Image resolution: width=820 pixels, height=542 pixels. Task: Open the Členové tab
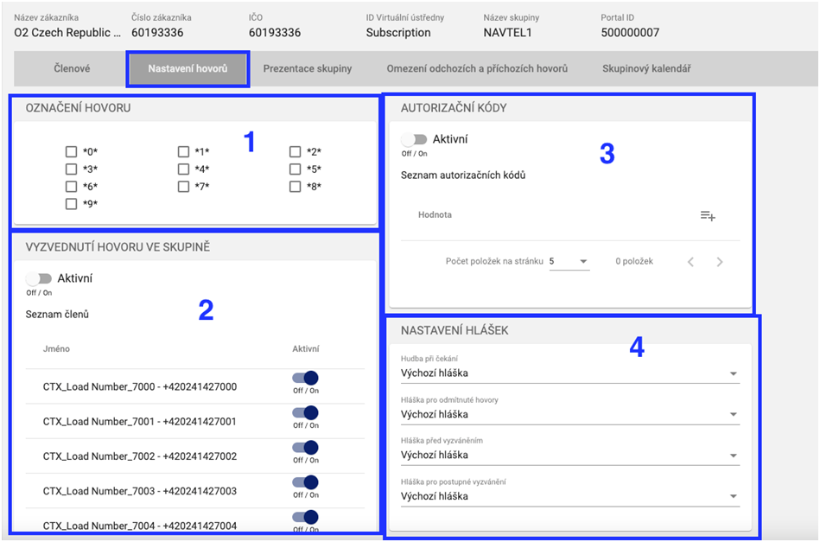pyautogui.click(x=72, y=68)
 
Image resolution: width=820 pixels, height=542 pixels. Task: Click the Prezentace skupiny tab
pyautogui.click(x=308, y=68)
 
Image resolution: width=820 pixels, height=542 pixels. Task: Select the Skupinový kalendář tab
pyautogui.click(x=646, y=68)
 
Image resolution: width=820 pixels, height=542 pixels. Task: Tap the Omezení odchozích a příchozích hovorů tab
pyautogui.click(x=477, y=68)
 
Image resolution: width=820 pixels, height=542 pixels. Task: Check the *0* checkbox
pyautogui.click(x=71, y=152)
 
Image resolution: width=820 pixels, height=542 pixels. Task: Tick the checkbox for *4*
pyautogui.click(x=183, y=169)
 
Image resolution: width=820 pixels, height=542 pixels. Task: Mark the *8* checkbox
pyautogui.click(x=295, y=186)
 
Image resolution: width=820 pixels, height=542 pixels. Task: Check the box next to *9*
pyautogui.click(x=71, y=203)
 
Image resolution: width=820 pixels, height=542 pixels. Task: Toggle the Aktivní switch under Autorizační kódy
pyautogui.click(x=414, y=139)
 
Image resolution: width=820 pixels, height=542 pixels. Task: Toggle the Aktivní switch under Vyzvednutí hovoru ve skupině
pyautogui.click(x=39, y=278)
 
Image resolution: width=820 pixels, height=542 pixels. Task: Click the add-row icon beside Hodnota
pyautogui.click(x=708, y=215)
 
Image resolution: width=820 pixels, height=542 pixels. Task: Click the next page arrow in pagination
pyautogui.click(x=720, y=262)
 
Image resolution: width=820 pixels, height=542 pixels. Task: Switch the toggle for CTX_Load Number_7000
pyautogui.click(x=305, y=378)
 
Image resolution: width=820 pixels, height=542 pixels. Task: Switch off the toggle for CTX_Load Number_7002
pyautogui.click(x=305, y=447)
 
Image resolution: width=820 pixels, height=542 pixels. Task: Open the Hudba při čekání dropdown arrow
pyautogui.click(x=734, y=373)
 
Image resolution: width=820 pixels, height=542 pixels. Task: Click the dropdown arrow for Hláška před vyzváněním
pyautogui.click(x=734, y=456)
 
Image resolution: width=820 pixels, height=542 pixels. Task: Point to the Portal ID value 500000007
pyautogui.click(x=630, y=33)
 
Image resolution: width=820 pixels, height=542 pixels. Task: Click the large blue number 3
pyautogui.click(x=607, y=154)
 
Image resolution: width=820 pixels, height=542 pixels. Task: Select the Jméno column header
pyautogui.click(x=56, y=349)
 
